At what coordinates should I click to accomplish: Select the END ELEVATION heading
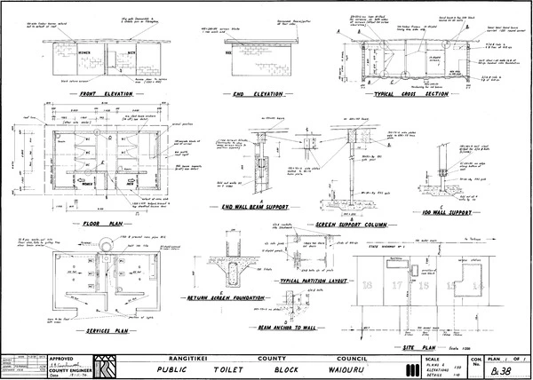pyautogui.click(x=259, y=93)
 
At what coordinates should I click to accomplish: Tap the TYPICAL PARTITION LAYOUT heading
pyautogui.click(x=314, y=280)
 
